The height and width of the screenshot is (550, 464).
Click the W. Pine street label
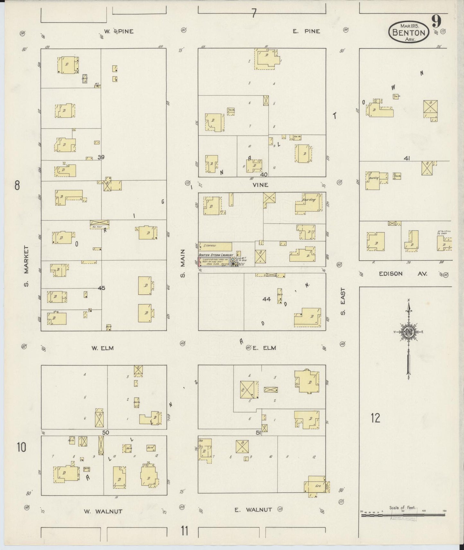118,31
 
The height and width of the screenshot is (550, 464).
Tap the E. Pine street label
306,31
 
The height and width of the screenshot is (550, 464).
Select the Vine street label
260,185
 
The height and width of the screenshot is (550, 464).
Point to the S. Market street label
26,266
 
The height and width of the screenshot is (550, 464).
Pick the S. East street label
343,301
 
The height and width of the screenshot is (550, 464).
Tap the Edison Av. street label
403,274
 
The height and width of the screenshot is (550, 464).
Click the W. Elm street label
103,348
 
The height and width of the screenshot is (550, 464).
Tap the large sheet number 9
436,21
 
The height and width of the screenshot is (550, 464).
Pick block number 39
101,157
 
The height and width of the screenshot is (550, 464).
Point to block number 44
267,299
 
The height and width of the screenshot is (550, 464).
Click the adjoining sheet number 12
375,418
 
